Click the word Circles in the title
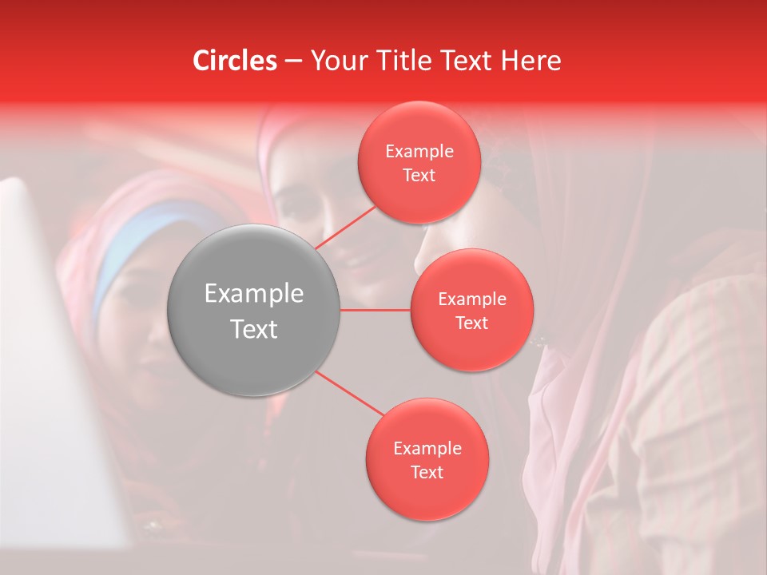coord(234,61)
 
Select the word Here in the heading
coord(531,61)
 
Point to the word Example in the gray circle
coord(254,294)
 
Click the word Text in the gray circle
coord(254,329)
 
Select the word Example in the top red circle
coord(419,151)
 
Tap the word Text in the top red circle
coord(419,175)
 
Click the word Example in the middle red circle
coord(472,299)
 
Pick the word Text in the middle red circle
coord(472,323)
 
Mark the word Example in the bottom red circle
coord(427,448)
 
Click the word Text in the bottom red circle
coord(427,472)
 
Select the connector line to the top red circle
coord(347,228)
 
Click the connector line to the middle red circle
coord(376,310)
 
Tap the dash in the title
coord(293,61)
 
